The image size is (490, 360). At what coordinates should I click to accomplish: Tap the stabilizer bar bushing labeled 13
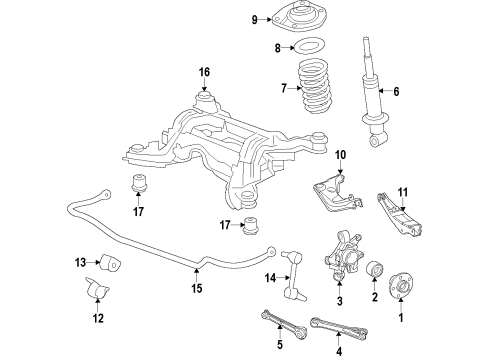click(112, 267)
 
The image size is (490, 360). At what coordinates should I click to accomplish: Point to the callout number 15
click(196, 289)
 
